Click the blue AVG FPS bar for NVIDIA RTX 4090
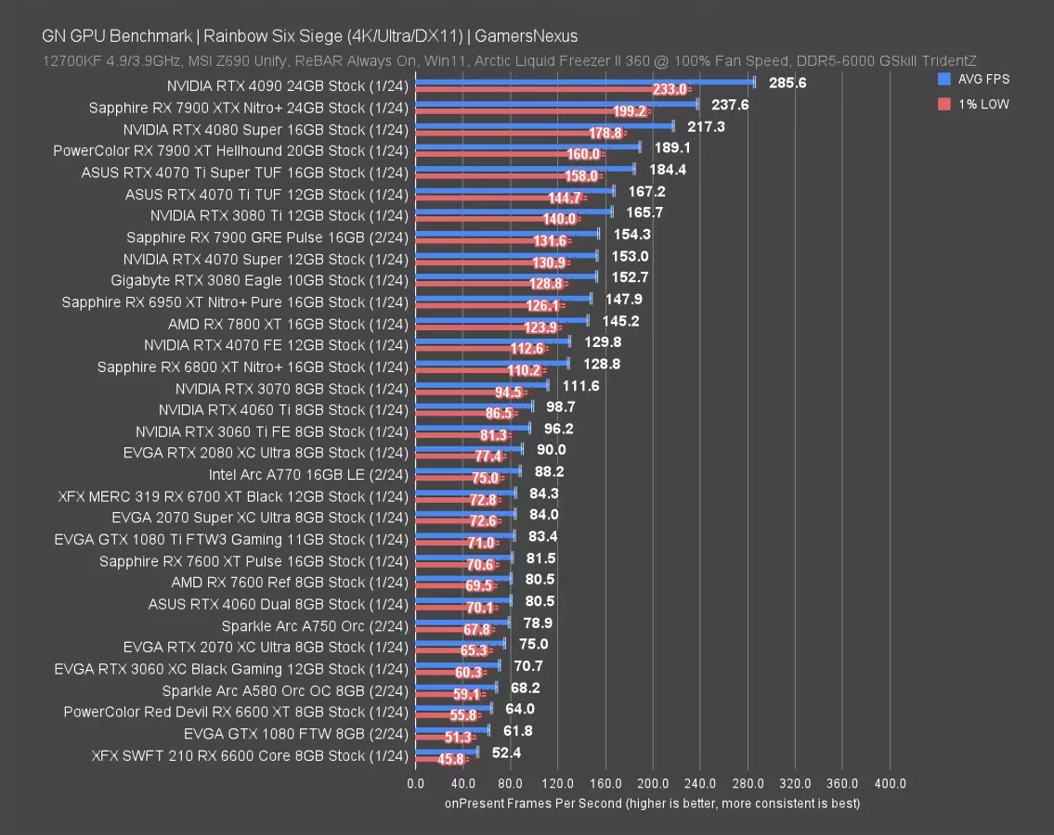click(x=585, y=83)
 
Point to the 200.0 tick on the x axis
click(x=653, y=783)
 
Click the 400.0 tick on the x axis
click(x=890, y=783)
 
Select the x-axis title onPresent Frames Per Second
click(x=652, y=803)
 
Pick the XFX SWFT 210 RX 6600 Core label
click(x=250, y=755)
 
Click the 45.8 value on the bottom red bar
click(x=450, y=759)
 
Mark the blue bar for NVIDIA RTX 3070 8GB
click(x=482, y=384)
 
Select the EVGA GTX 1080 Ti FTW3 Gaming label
click(x=231, y=539)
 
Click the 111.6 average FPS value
click(x=580, y=386)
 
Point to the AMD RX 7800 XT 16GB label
click(x=288, y=324)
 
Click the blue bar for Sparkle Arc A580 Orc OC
click(x=456, y=687)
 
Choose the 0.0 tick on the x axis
click(x=416, y=783)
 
